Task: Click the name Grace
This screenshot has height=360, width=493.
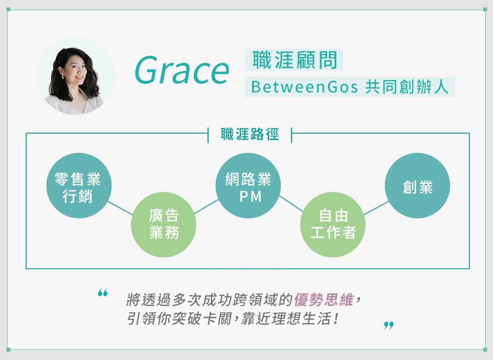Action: tap(182, 71)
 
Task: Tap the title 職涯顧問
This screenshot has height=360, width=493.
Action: tap(295, 60)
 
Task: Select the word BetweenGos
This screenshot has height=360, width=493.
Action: tap(304, 87)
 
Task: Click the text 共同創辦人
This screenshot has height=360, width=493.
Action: tap(407, 86)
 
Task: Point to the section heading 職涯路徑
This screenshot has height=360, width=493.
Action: tap(249, 134)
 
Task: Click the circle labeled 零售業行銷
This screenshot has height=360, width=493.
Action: tap(79, 185)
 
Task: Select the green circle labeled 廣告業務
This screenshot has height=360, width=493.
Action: tap(164, 224)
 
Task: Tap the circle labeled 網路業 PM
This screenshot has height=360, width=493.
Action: tap(248, 185)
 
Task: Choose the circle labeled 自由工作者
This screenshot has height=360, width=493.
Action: tap(333, 224)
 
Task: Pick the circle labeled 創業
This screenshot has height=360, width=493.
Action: tap(417, 185)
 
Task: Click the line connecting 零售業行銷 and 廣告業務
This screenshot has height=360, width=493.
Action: tap(120, 208)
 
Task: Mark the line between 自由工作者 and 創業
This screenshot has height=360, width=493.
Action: tap(376, 208)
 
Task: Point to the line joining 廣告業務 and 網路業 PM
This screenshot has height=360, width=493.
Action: tap(206, 206)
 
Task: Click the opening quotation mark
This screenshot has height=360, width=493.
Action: tap(103, 293)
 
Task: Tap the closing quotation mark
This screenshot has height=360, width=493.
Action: tap(388, 325)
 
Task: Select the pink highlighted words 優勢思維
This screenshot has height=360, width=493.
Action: tap(324, 299)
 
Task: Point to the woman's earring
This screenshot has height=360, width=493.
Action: tap(62, 77)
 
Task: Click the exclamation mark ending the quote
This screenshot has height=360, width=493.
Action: tap(336, 319)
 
